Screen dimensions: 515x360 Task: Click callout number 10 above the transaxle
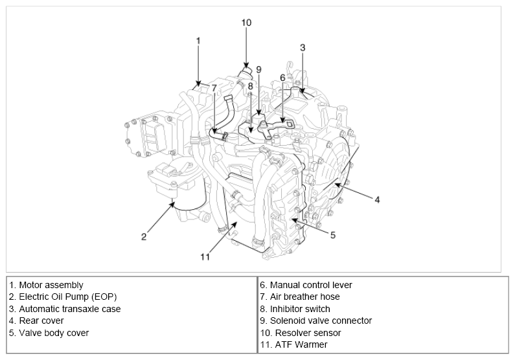point(246,23)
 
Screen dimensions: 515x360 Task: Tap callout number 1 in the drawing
point(198,41)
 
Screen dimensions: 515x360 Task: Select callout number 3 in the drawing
point(303,47)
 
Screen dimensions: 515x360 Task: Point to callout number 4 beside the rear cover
point(377,199)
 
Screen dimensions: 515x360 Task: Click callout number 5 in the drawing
point(333,235)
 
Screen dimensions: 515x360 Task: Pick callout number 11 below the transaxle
point(205,256)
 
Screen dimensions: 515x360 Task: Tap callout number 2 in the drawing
point(144,236)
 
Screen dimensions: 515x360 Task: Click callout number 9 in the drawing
point(258,69)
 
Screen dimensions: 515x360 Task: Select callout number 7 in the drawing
point(214,88)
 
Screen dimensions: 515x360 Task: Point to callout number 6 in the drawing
point(282,78)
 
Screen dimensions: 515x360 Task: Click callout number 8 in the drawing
point(250,86)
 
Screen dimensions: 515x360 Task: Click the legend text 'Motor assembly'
point(51,285)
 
